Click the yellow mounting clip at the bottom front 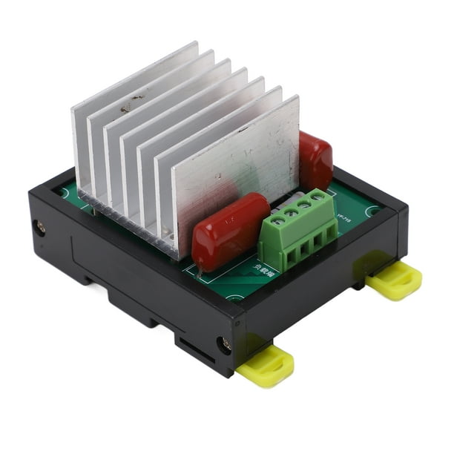pos(266,366)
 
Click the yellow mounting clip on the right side pos(394,280)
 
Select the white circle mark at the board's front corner pos(236,299)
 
